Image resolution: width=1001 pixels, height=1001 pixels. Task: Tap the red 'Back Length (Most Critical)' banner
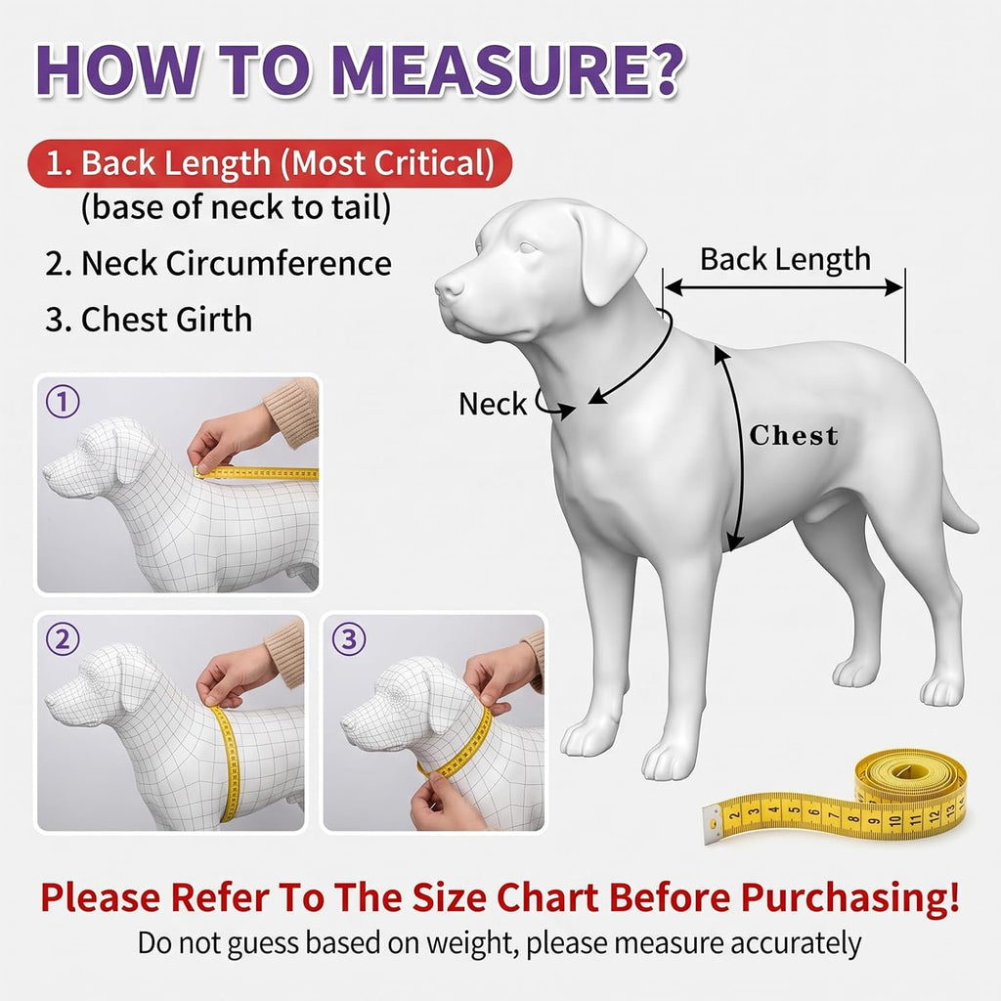point(270,163)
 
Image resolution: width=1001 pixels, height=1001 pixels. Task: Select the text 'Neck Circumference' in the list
point(237,263)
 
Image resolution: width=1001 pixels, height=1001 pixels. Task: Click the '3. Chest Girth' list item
point(149,319)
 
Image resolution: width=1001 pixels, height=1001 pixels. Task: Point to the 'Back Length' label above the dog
point(785,260)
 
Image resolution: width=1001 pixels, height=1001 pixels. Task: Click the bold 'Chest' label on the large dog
point(794,435)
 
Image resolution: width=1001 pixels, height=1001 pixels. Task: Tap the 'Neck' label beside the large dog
point(493,404)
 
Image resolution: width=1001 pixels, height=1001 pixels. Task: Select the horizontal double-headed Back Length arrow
point(784,288)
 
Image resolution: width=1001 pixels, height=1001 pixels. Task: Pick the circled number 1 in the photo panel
point(63,402)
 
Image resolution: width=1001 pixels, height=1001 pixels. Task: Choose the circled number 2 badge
point(63,639)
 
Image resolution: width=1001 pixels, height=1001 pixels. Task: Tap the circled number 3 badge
point(349,639)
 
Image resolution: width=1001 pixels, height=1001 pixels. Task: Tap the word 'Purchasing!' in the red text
point(849,897)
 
